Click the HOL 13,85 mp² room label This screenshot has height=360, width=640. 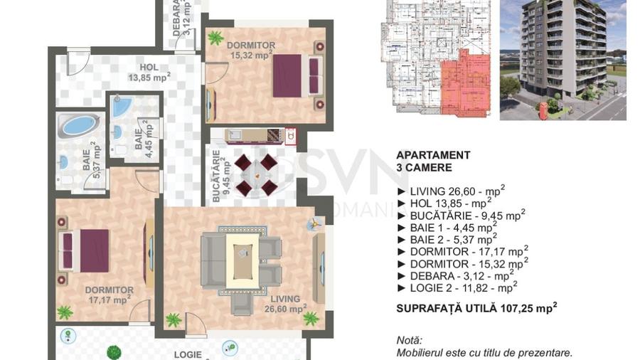point(149,73)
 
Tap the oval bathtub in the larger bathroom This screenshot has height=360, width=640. point(78,125)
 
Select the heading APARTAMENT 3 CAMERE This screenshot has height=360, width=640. point(433,162)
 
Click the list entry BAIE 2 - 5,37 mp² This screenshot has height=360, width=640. point(449,239)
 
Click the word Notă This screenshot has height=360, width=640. point(409,341)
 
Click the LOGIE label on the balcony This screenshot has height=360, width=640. point(188,354)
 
